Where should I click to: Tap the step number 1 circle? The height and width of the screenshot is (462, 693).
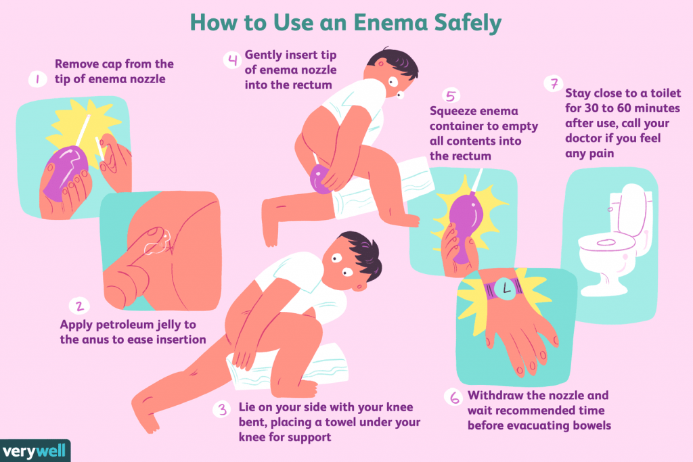(38, 80)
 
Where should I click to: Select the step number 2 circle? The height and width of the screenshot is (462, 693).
(80, 306)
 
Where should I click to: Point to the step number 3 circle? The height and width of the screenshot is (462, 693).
(222, 409)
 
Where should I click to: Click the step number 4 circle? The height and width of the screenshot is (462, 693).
(233, 60)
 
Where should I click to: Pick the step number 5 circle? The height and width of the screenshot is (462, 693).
(451, 96)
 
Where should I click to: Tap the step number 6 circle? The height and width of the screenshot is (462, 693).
(454, 398)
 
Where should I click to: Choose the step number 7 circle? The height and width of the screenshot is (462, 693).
(554, 84)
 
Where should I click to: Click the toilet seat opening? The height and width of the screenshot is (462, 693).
(606, 242)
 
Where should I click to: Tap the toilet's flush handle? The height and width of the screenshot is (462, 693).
(610, 208)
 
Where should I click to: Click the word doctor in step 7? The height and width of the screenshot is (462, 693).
(583, 138)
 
